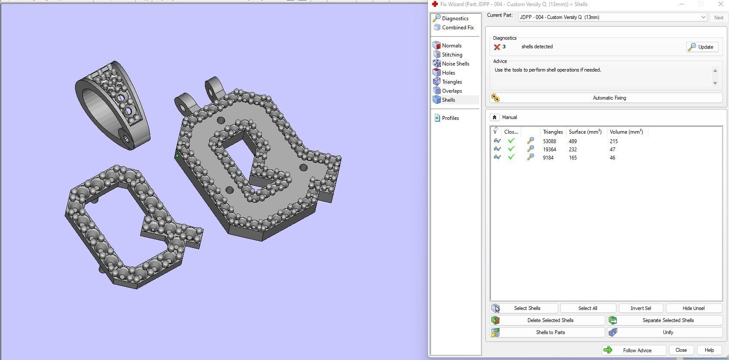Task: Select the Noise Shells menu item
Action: click(456, 64)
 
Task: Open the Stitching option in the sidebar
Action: click(452, 55)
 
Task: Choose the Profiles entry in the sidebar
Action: click(450, 118)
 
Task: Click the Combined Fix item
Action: click(458, 28)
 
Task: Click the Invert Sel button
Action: click(641, 308)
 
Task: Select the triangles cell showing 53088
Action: click(550, 141)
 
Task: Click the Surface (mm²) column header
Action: click(585, 132)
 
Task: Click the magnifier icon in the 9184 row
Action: click(531, 157)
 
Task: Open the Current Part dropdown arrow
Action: click(703, 17)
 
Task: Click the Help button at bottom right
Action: click(709, 350)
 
